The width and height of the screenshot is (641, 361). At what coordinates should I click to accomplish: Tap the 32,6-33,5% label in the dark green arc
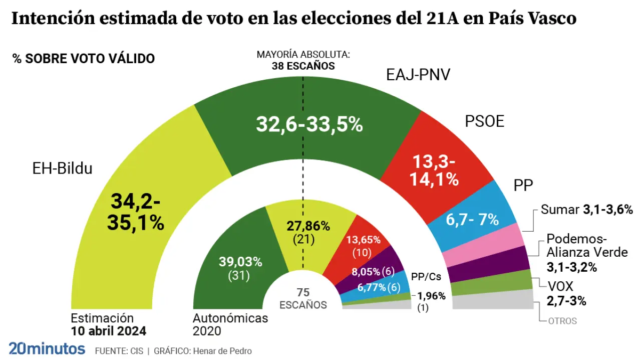coord(309,124)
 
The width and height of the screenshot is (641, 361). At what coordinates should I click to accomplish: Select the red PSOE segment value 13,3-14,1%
coord(435,170)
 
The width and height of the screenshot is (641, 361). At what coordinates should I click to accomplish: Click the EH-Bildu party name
coord(63,168)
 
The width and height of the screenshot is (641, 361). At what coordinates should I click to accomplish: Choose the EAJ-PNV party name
coord(418,75)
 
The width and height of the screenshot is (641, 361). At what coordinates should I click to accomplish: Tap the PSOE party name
coord(484,122)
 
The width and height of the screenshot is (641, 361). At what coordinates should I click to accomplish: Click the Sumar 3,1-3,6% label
coord(587,210)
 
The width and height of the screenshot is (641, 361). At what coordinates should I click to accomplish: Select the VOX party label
coord(559,286)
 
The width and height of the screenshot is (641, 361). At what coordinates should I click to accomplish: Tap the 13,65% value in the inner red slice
coord(364,240)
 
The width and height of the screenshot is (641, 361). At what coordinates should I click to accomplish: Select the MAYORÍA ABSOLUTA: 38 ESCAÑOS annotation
coord(303,60)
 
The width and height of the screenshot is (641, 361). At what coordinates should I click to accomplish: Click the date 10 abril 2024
coord(108,331)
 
